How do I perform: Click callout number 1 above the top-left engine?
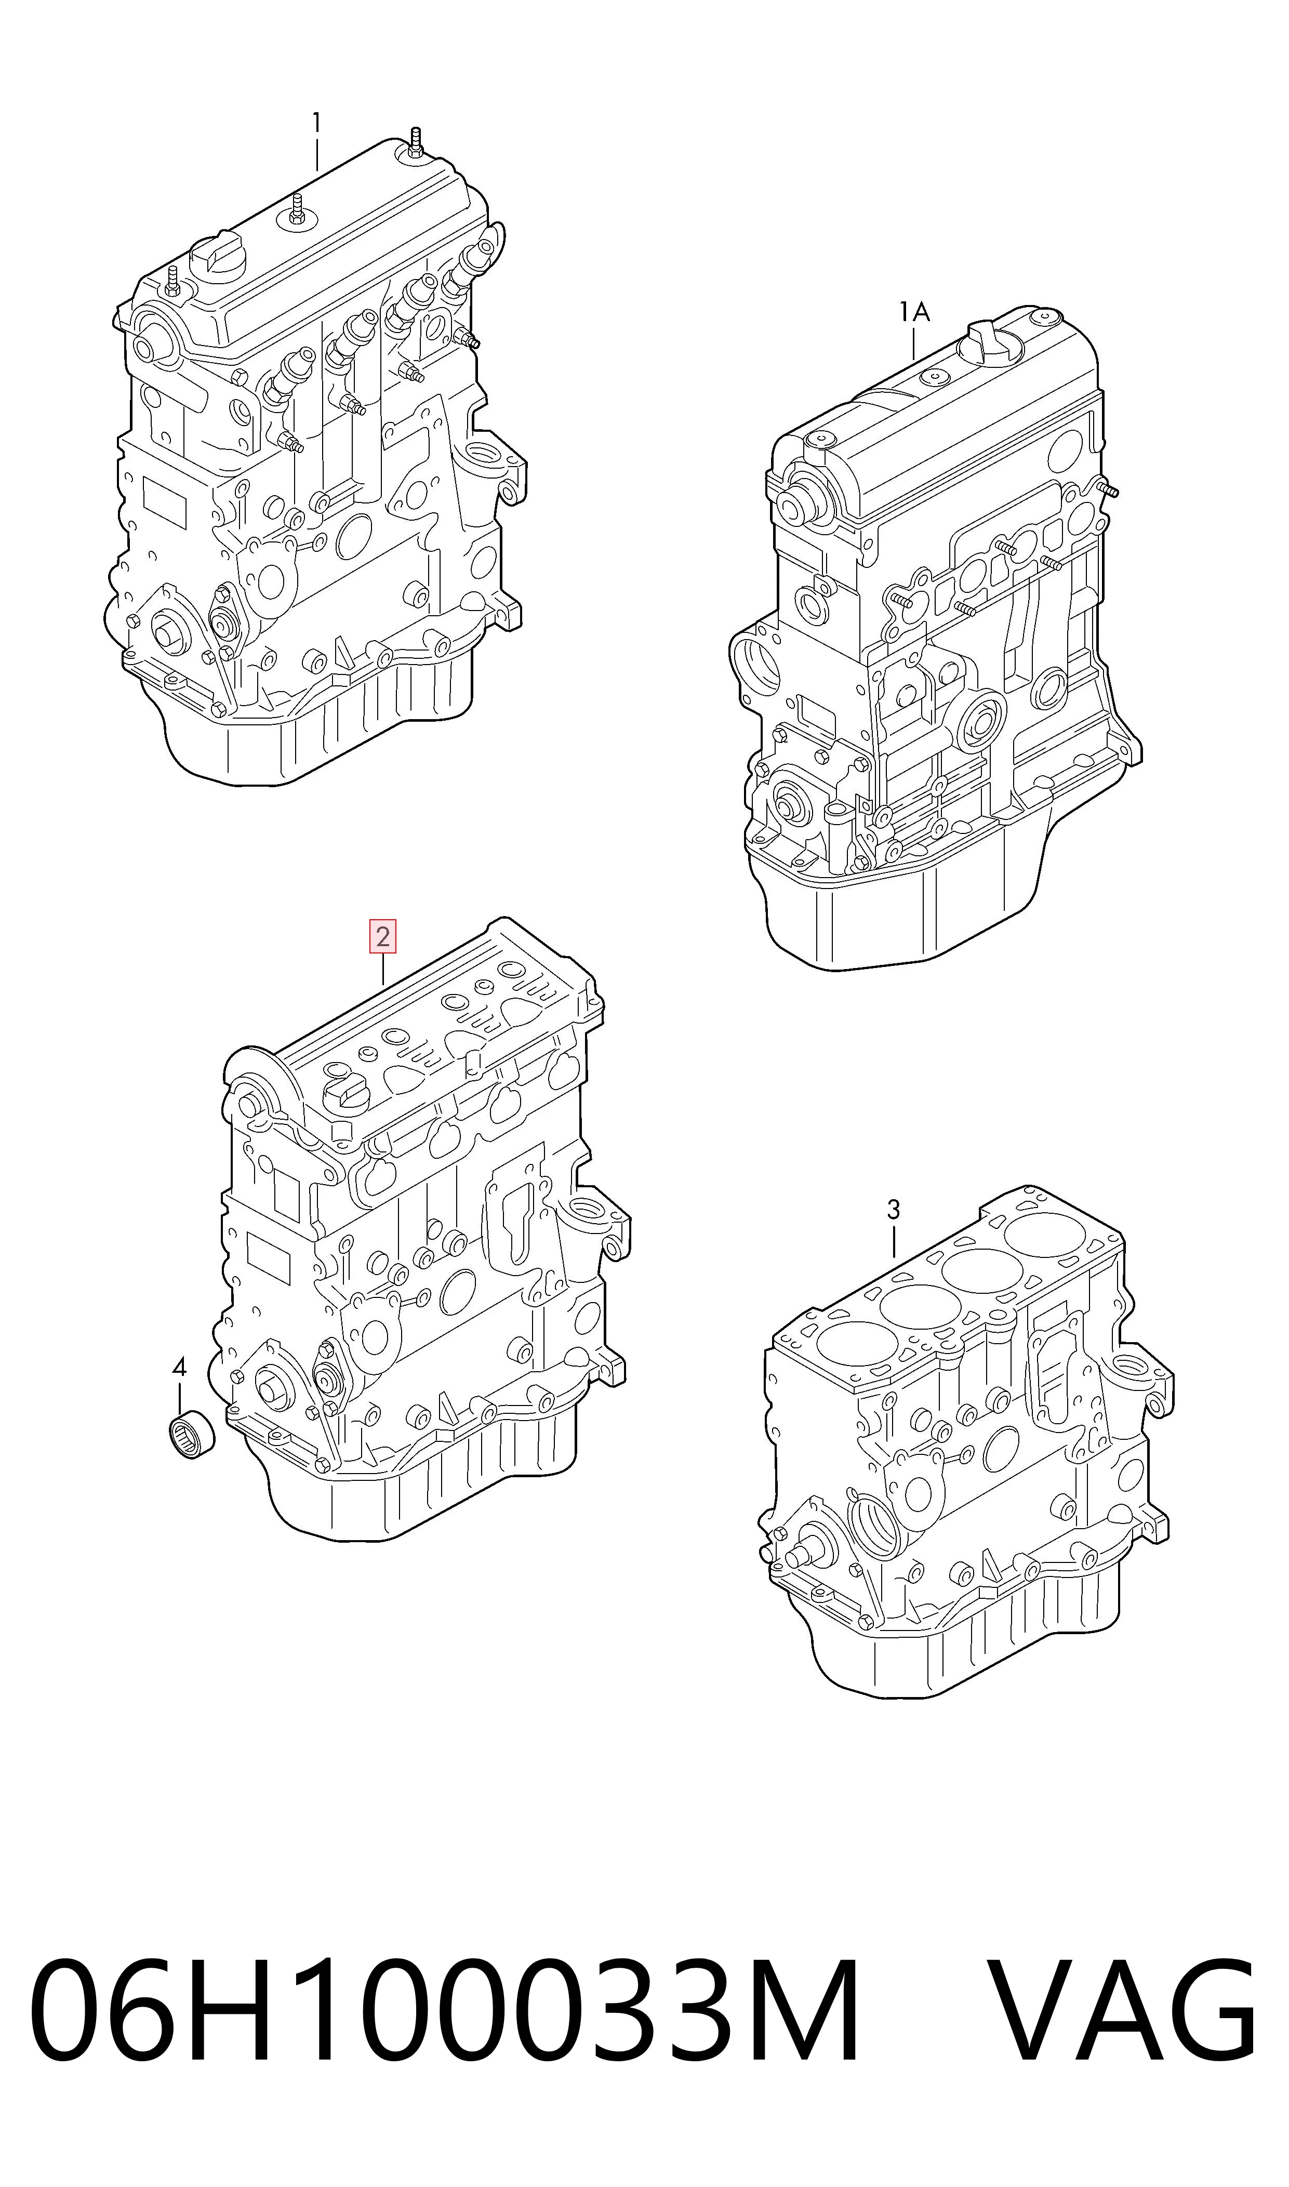[317, 123]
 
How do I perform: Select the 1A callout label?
[914, 312]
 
